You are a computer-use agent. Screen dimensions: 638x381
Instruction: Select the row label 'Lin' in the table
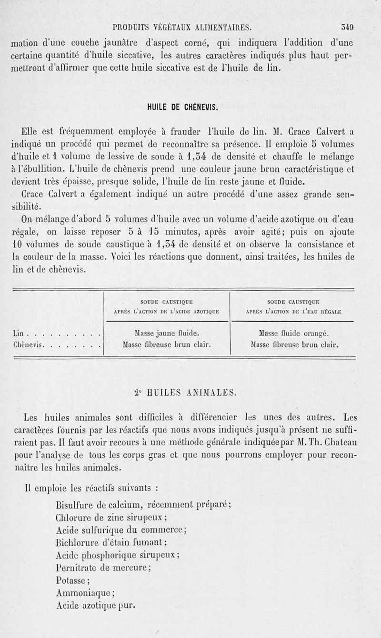(x=17, y=334)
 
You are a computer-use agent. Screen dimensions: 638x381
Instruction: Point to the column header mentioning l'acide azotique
(x=166, y=307)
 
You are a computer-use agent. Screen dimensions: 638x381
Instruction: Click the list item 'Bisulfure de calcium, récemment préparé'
(x=144, y=505)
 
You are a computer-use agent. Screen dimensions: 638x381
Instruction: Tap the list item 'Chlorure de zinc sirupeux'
(x=111, y=517)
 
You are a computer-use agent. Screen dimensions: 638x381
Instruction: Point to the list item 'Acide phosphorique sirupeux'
(x=117, y=555)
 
